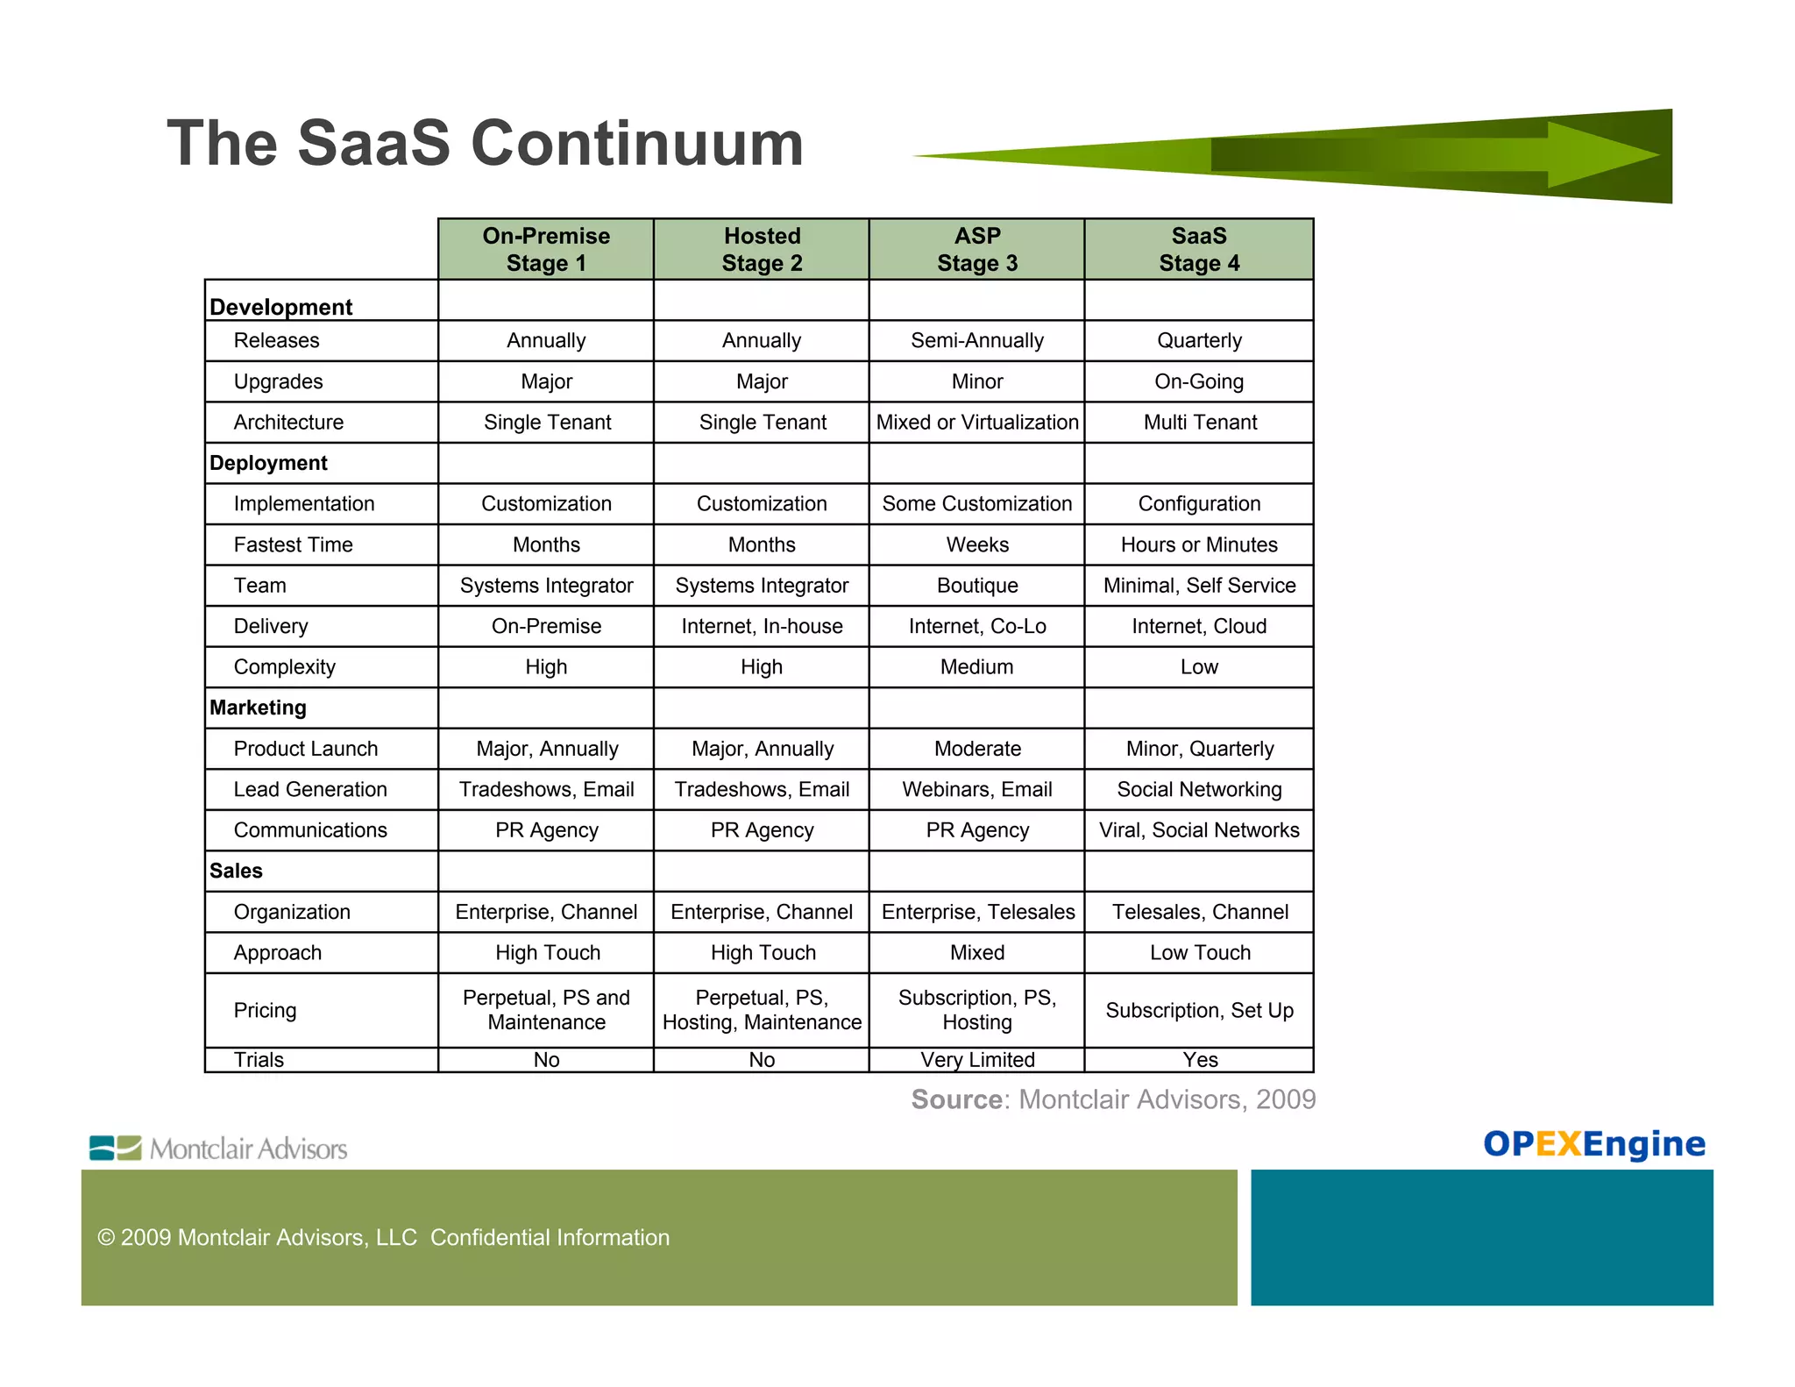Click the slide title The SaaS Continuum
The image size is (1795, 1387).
click(x=485, y=143)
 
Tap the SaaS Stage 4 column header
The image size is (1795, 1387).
click(x=1198, y=249)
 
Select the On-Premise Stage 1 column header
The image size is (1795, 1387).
click(x=545, y=249)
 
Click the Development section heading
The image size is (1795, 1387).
click(x=280, y=307)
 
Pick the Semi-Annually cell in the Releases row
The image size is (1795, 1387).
click(x=976, y=340)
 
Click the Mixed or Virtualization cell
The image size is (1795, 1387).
click(x=976, y=422)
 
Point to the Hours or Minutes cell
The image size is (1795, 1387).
click(x=1198, y=544)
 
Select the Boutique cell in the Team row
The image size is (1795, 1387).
click(x=976, y=585)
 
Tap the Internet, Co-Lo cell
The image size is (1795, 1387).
click(x=976, y=626)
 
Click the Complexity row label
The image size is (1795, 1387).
click(x=284, y=666)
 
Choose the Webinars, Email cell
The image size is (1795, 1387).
click(x=976, y=789)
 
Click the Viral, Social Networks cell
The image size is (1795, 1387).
click(x=1198, y=829)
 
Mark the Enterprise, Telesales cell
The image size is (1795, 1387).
click(x=977, y=912)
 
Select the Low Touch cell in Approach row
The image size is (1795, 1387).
click(x=1199, y=952)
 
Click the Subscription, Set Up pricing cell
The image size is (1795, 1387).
click(x=1198, y=1010)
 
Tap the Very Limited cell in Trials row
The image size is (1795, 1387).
click(x=976, y=1059)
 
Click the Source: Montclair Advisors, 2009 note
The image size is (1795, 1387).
click(x=1113, y=1099)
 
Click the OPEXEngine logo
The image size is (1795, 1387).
click(x=1593, y=1143)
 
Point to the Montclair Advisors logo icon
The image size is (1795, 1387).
click(x=115, y=1148)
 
